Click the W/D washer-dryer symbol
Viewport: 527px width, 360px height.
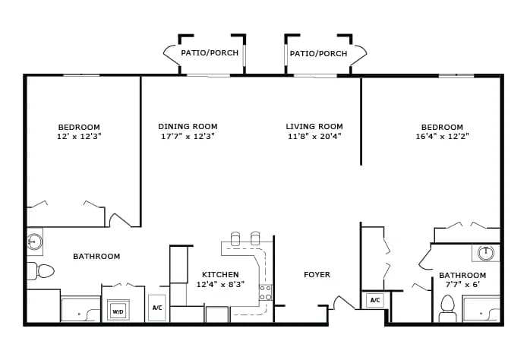pyautogui.click(x=118, y=310)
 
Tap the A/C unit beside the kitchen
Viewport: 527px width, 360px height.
pyautogui.click(x=157, y=308)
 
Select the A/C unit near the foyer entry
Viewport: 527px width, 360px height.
pyautogui.click(x=375, y=300)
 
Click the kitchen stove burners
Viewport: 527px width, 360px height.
pyautogui.click(x=265, y=292)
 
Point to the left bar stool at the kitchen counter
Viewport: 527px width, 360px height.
pyautogui.click(x=235, y=238)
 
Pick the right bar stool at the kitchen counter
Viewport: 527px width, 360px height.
pyautogui.click(x=255, y=238)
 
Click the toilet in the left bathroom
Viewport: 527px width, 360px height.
pyautogui.click(x=41, y=271)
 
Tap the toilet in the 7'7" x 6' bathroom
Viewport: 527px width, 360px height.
pyautogui.click(x=447, y=308)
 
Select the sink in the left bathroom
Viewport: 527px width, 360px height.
pyautogui.click(x=34, y=242)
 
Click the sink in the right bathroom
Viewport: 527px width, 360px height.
pyautogui.click(x=486, y=253)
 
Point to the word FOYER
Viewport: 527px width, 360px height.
pyautogui.click(x=317, y=275)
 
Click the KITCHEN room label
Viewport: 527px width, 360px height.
pyautogui.click(x=220, y=274)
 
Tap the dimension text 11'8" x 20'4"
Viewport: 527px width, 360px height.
pyautogui.click(x=314, y=136)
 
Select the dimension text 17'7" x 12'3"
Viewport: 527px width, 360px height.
pyautogui.click(x=188, y=136)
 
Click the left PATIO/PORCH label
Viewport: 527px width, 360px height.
pyautogui.click(x=210, y=52)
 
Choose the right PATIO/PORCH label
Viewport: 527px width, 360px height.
pyautogui.click(x=319, y=53)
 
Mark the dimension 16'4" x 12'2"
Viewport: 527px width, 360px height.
pyautogui.click(x=442, y=136)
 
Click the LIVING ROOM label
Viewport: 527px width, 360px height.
pyautogui.click(x=314, y=126)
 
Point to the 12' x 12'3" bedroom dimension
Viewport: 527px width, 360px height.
pyautogui.click(x=79, y=136)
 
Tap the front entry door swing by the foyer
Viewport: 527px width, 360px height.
pyautogui.click(x=342, y=302)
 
